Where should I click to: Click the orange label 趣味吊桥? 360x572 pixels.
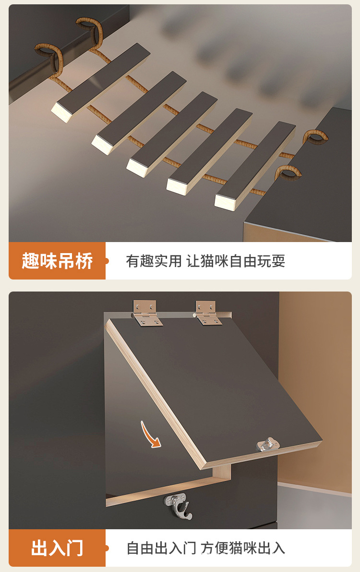pyautogui.click(x=57, y=261)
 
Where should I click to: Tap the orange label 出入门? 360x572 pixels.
pyautogui.click(x=57, y=548)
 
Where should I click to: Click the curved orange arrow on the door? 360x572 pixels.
pyautogui.click(x=150, y=435)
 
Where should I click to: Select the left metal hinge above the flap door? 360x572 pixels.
pyautogui.click(x=146, y=313)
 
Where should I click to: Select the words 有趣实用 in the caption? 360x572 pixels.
pyautogui.click(x=154, y=261)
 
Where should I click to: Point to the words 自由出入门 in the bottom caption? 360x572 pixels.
pyautogui.click(x=161, y=548)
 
